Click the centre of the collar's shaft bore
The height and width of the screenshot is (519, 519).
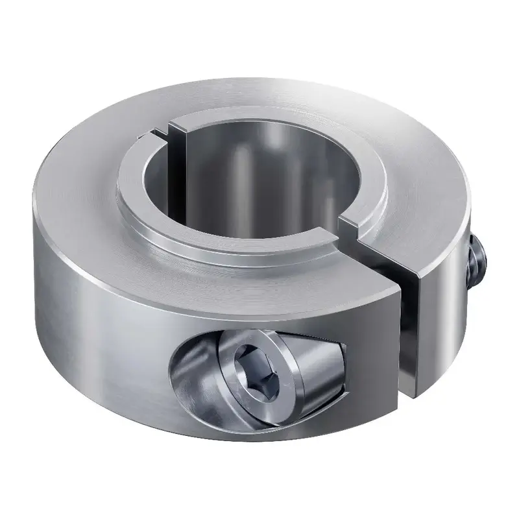(x=256, y=182)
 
